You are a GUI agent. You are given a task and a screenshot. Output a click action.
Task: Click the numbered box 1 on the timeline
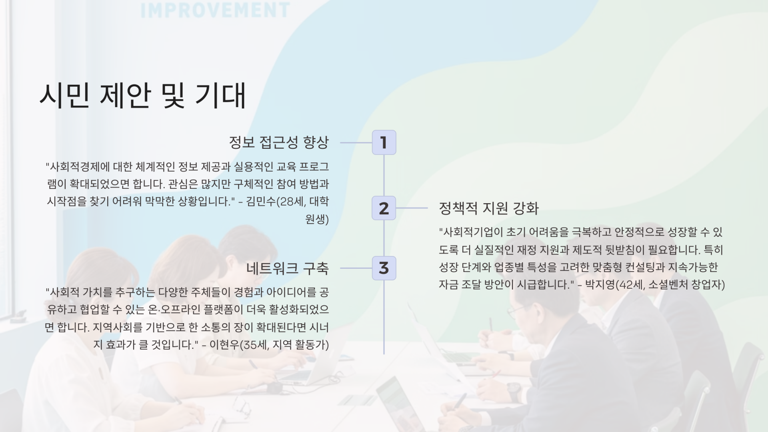[384, 142]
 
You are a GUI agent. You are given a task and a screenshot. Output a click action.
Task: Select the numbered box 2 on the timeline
[384, 208]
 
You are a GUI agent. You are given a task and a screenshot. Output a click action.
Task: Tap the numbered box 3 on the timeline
[384, 268]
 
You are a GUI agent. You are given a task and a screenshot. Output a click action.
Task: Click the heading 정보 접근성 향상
[278, 142]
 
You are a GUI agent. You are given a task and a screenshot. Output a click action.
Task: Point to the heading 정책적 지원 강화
[489, 208]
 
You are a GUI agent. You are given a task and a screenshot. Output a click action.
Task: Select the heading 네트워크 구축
[287, 268]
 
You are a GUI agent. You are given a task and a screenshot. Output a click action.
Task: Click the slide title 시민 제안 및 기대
[142, 96]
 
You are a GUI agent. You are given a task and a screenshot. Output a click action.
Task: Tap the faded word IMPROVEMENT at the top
[215, 10]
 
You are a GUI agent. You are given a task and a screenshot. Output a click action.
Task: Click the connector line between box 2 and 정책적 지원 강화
[412, 208]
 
